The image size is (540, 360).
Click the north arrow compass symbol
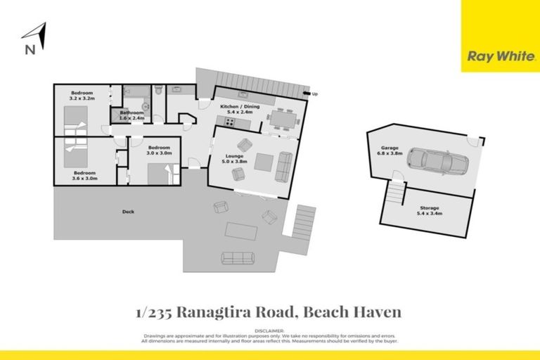coord(35,39)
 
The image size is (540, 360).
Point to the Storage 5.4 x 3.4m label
coord(430,211)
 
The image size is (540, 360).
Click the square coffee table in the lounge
coord(263,162)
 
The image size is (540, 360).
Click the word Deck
coord(128,212)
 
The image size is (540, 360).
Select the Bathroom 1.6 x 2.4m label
coord(131,115)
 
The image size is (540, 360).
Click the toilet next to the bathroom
coord(160,90)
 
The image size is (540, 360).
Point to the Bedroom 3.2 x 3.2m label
coord(82,96)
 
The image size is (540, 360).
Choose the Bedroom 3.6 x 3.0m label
coord(84,176)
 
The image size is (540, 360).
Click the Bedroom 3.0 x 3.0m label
coord(159,150)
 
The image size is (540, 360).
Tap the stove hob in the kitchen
coord(230,122)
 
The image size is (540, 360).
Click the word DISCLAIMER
coord(269,330)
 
